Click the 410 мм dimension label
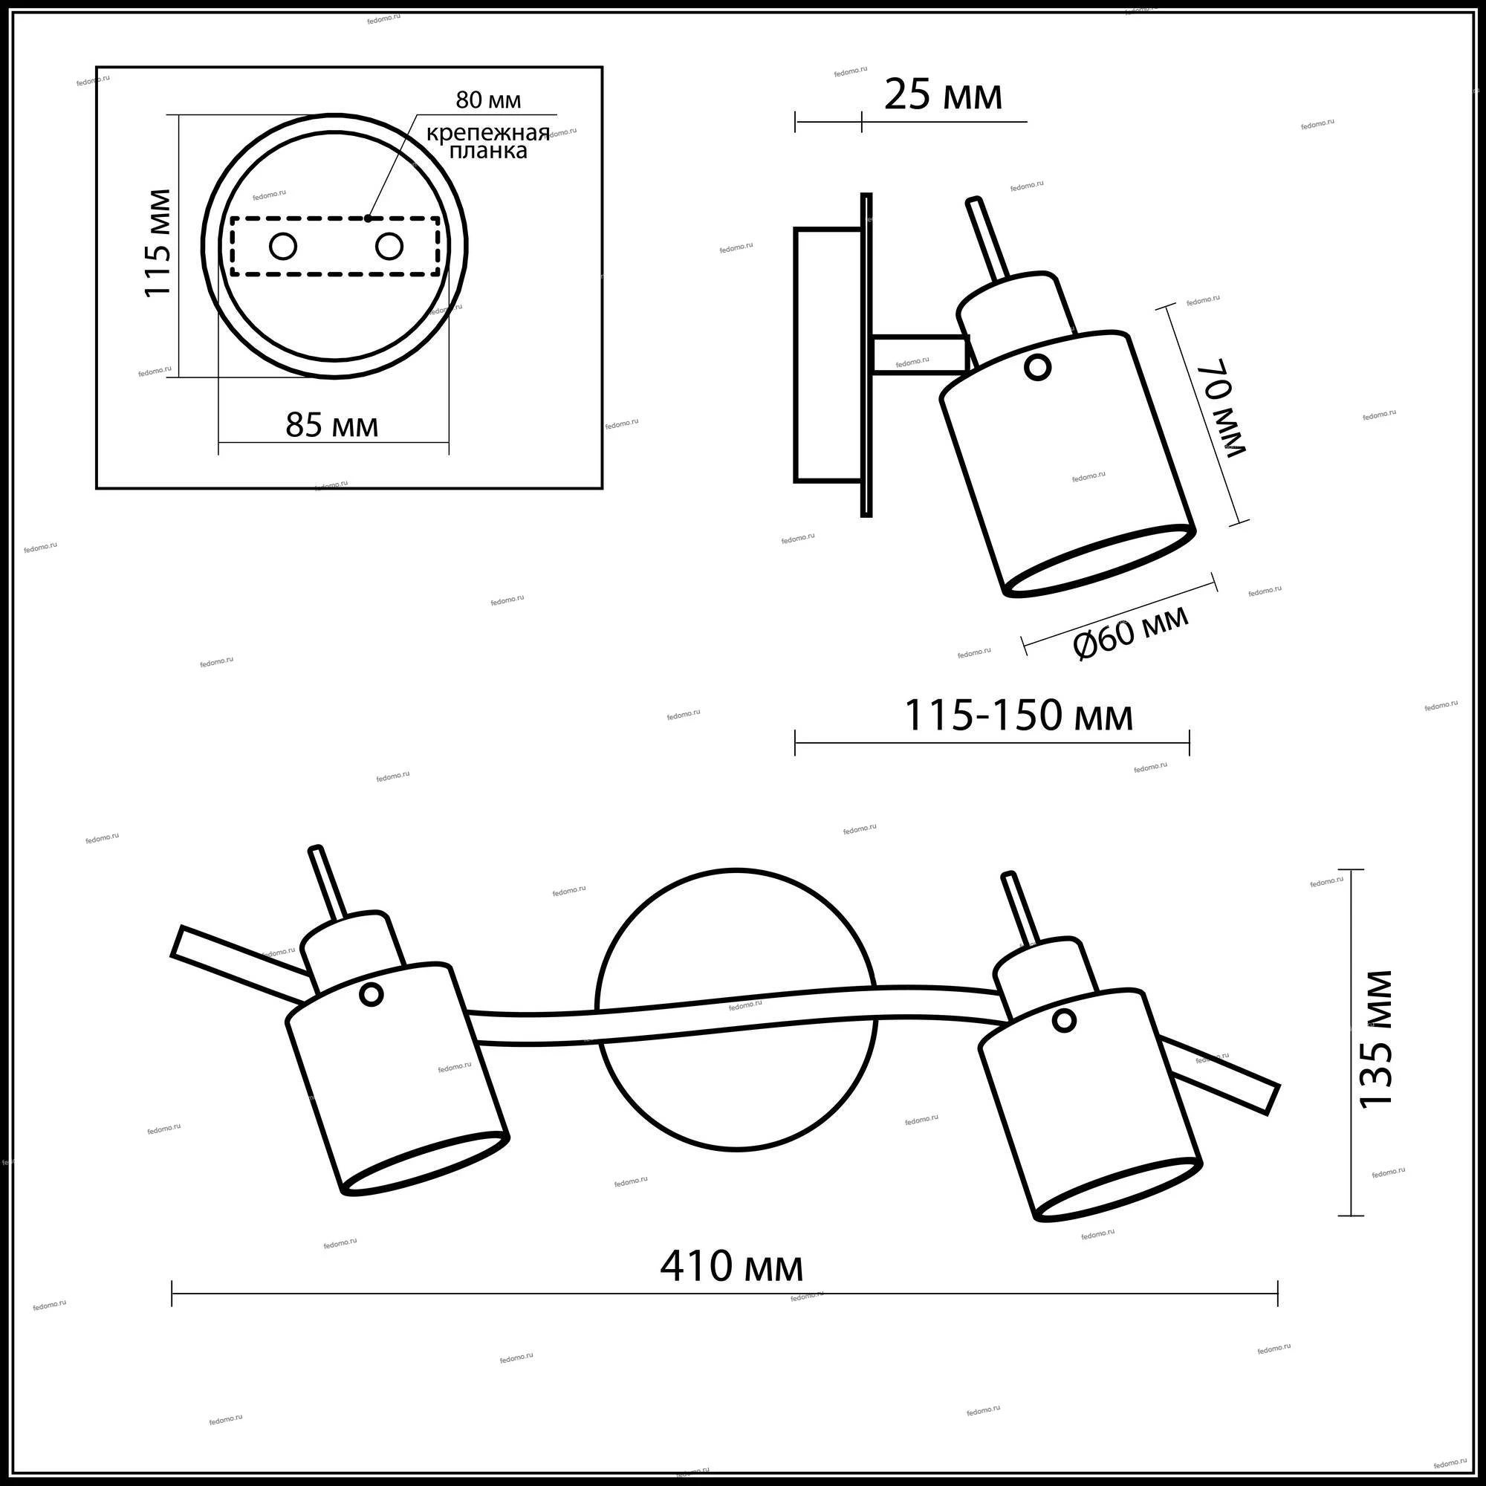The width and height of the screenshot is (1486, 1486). click(x=731, y=1267)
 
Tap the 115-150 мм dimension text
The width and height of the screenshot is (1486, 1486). click(x=1018, y=716)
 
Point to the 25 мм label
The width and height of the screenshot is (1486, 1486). click(x=943, y=96)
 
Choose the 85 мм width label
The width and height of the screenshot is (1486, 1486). click(x=331, y=425)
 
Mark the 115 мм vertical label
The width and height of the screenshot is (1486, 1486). click(x=158, y=243)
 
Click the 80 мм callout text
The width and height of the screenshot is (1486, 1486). click(x=487, y=101)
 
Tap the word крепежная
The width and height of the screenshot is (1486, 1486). click(x=488, y=134)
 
